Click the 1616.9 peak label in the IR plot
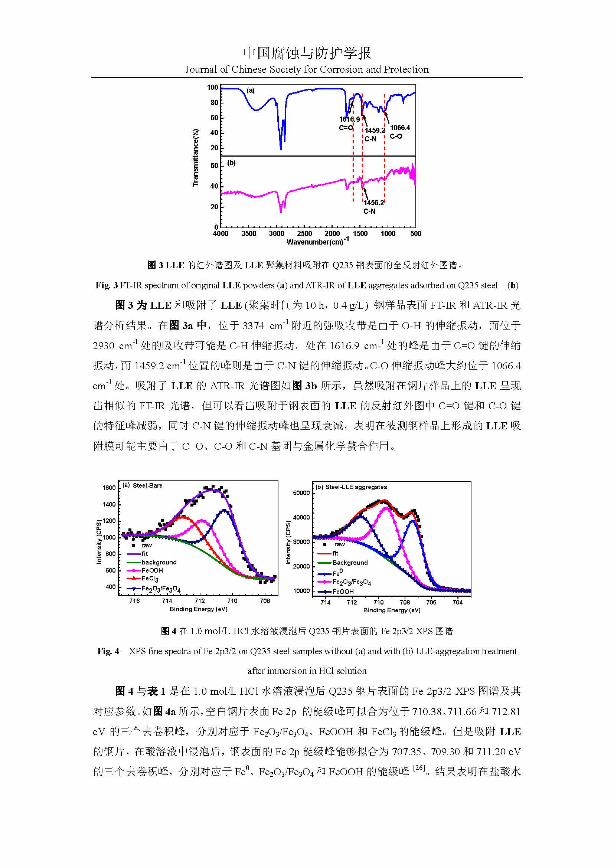(349, 119)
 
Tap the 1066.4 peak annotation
(400, 128)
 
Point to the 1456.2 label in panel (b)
(373, 203)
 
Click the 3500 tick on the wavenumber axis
(248, 234)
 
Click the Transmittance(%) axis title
(196, 158)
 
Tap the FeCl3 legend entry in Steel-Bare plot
(150, 579)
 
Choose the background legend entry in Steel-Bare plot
(159, 562)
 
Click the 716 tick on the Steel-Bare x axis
(134, 601)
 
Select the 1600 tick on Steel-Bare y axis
(109, 488)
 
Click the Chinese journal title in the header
(307, 53)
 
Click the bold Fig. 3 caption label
(107, 285)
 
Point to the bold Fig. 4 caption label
(108, 651)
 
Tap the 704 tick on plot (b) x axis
(457, 602)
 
